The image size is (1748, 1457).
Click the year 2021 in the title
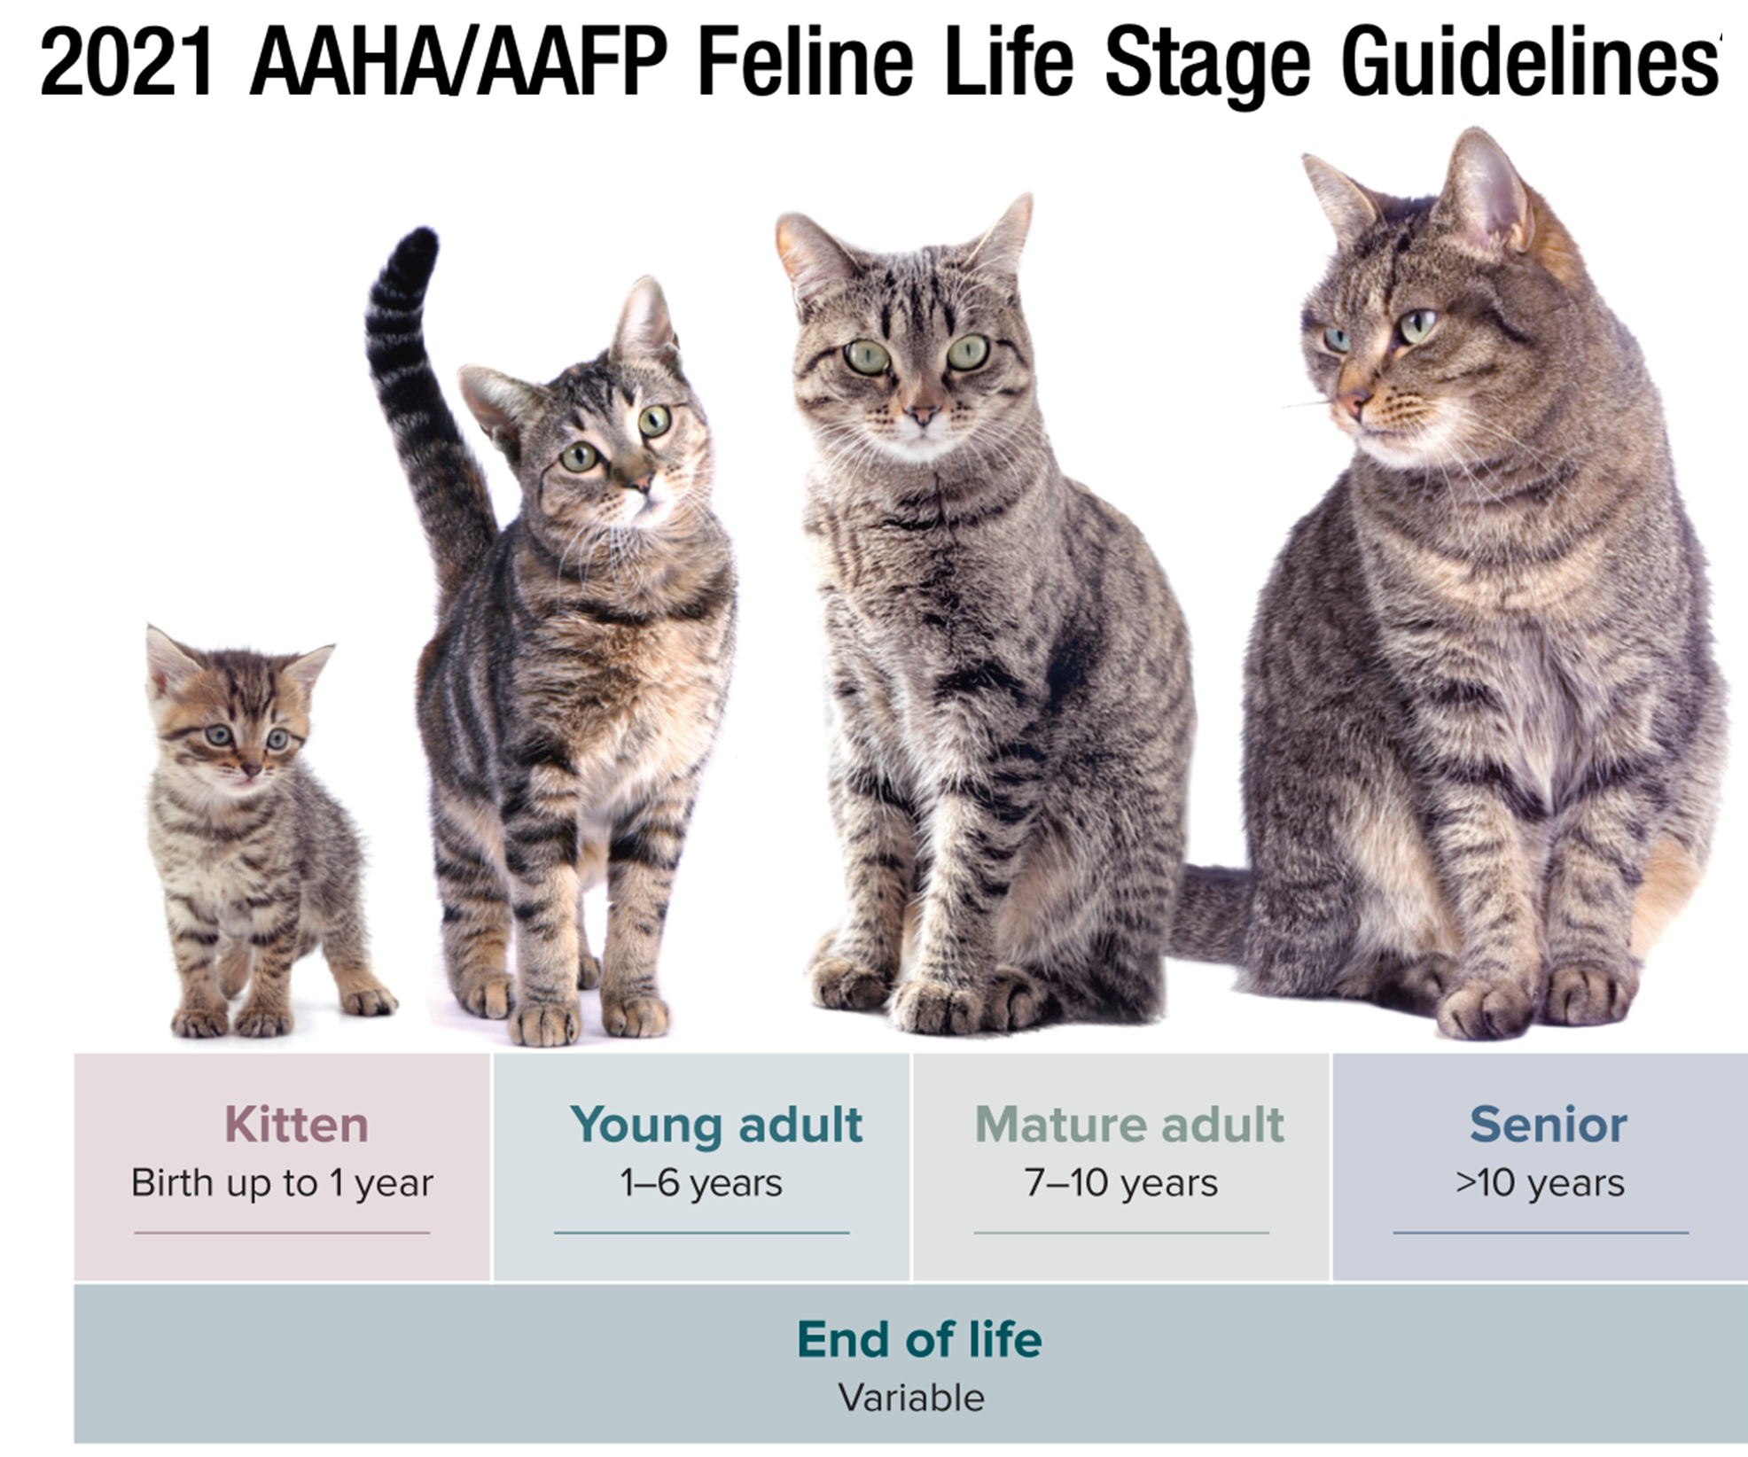[x=127, y=62]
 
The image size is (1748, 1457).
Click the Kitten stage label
[x=296, y=1125]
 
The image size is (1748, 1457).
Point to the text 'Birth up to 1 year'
[x=282, y=1183]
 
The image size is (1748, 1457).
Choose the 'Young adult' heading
[x=716, y=1126]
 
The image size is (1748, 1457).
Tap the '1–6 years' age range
[x=701, y=1183]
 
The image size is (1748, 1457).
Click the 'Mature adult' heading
[x=1129, y=1125]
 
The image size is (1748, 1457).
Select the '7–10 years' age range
[x=1121, y=1183]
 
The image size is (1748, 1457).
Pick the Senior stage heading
[x=1548, y=1125]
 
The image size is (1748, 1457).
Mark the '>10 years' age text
[x=1540, y=1183]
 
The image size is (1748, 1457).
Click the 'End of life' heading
[x=919, y=1339]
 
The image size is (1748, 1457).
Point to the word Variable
[x=911, y=1398]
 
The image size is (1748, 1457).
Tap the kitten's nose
[x=251, y=767]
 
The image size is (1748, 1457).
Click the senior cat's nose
[x=1351, y=404]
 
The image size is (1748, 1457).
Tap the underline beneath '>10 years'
[x=1541, y=1232]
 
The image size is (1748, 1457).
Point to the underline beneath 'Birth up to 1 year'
[x=282, y=1232]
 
